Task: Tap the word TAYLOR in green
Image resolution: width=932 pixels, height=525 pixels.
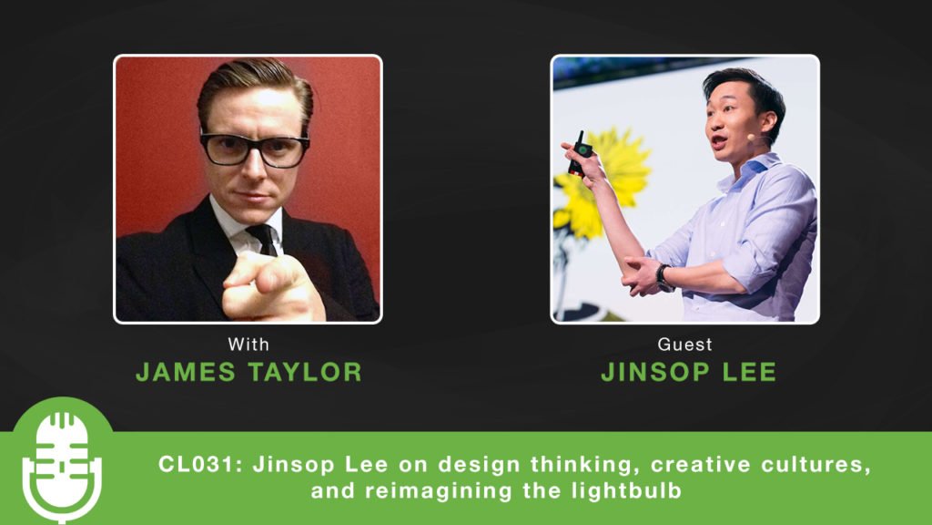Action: [x=305, y=372]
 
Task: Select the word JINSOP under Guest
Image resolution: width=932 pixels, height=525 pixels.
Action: [x=655, y=372]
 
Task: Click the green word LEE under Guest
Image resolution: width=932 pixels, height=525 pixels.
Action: [x=749, y=372]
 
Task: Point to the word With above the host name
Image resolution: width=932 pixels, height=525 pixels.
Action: [x=248, y=344]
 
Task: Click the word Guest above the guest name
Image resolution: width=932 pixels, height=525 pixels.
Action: [x=684, y=344]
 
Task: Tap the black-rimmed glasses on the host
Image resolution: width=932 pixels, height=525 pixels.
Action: [x=255, y=149]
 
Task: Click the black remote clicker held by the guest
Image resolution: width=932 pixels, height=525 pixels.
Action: [x=577, y=153]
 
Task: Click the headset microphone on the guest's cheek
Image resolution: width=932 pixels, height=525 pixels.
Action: [x=751, y=137]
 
